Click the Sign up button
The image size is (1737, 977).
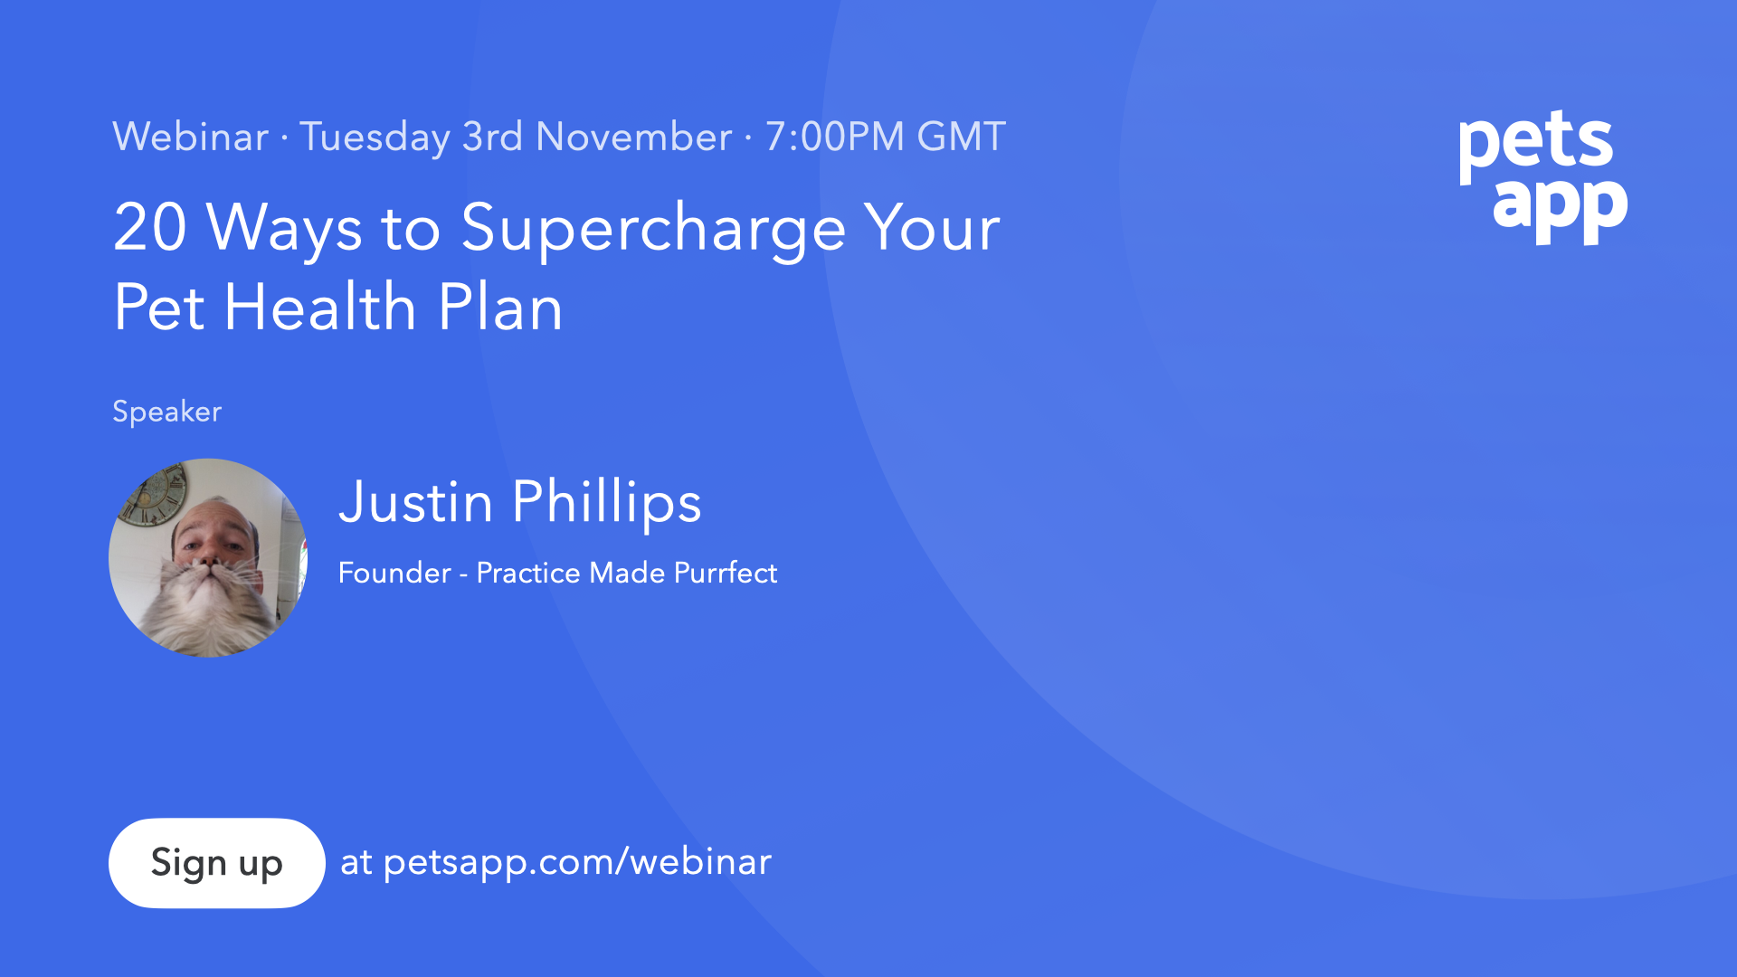pos(216,863)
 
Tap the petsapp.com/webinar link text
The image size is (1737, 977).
pos(577,862)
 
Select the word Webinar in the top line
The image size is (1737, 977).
pos(190,137)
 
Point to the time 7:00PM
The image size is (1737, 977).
pos(834,137)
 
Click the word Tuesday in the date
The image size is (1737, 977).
pos(375,138)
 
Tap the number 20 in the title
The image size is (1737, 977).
pos(150,227)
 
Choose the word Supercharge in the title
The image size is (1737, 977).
pos(653,230)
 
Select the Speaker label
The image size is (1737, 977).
pos(166,412)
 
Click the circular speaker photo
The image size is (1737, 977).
pos(208,558)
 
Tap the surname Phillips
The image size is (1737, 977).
pos(606,503)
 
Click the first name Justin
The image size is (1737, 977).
pos(415,502)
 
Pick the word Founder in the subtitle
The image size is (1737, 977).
pos(394,573)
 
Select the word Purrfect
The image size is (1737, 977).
pos(726,573)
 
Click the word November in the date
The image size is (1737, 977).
pos(633,137)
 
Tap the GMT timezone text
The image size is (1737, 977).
pos(961,137)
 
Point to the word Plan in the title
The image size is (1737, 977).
pos(500,307)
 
